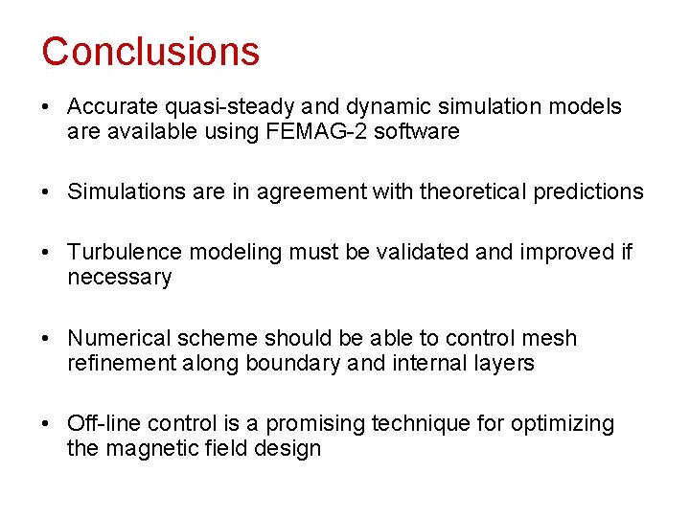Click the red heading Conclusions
click(150, 51)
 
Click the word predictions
click(587, 192)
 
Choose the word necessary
click(119, 279)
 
